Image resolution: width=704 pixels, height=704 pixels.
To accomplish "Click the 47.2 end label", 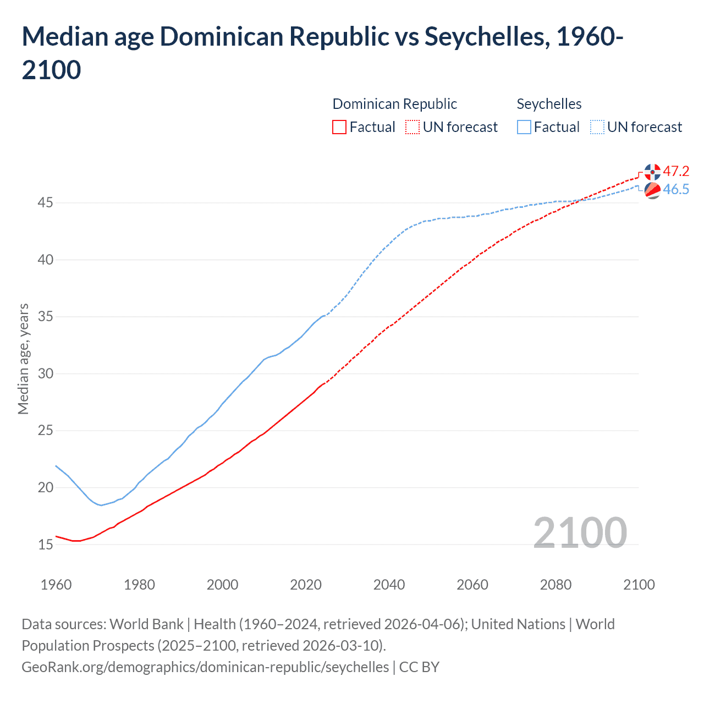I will pyautogui.click(x=675, y=171).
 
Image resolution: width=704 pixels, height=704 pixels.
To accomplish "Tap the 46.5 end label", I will pyautogui.click(x=675, y=189).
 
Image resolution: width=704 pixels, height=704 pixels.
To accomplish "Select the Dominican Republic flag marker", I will pyautogui.click(x=652, y=172).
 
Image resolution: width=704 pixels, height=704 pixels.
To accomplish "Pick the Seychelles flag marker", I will pyautogui.click(x=652, y=190).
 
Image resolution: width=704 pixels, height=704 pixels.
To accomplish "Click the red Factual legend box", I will pyautogui.click(x=339, y=127).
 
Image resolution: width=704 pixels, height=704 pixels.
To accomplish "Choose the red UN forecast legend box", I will pyautogui.click(x=413, y=127).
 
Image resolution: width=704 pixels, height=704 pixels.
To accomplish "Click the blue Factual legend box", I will pyautogui.click(x=524, y=127).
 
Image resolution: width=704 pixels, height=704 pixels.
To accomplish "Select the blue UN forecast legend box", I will pyautogui.click(x=597, y=127).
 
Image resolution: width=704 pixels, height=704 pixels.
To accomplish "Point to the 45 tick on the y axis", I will pyautogui.click(x=45, y=203).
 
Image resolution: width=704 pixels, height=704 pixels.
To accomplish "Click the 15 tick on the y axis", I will pyautogui.click(x=45, y=544).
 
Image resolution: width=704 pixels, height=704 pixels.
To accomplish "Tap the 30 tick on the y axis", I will pyautogui.click(x=45, y=374).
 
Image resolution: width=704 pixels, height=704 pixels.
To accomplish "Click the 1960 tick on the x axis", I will pyautogui.click(x=56, y=584).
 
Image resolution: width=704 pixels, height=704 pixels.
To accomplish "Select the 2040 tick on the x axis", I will pyautogui.click(x=389, y=584).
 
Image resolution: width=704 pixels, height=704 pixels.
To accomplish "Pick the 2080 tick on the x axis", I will pyautogui.click(x=555, y=584).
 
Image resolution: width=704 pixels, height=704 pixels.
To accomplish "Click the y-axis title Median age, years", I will pyautogui.click(x=23, y=359).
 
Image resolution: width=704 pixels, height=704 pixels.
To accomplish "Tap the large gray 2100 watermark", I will pyautogui.click(x=580, y=532).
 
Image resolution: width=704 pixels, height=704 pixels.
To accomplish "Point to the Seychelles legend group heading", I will pyautogui.click(x=549, y=104).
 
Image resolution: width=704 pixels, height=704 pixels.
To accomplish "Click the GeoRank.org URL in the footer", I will pyautogui.click(x=205, y=667).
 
